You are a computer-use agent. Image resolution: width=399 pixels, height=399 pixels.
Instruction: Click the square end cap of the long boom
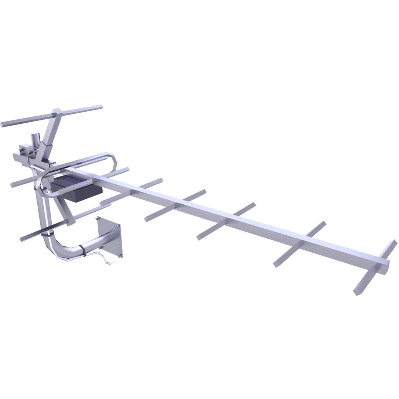pos(385,267)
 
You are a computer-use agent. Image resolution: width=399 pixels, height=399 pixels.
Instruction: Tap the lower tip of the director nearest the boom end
pos(357,292)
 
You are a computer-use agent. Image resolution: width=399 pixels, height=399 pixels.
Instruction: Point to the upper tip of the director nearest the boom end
pos(394,243)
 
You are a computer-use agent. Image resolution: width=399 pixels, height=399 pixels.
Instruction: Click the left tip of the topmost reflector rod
pos(3,125)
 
